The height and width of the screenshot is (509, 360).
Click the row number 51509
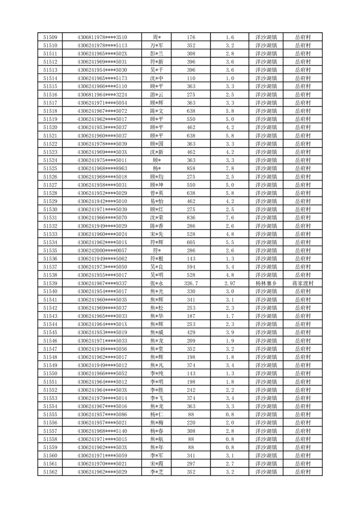point(50,37)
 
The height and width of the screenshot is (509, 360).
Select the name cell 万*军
point(156,45)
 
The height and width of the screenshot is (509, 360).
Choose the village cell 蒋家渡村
point(303,283)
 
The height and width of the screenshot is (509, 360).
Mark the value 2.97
point(229,283)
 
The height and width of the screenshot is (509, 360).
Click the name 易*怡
point(156,201)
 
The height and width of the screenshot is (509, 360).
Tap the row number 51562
point(50,472)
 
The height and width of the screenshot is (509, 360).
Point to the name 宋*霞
point(156,464)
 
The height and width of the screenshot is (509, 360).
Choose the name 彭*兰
point(156,54)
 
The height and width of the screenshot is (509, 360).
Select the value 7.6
point(229,217)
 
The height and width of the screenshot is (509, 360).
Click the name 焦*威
point(156,332)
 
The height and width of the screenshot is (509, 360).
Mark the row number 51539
point(50,283)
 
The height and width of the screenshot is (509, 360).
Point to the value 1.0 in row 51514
point(229,78)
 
